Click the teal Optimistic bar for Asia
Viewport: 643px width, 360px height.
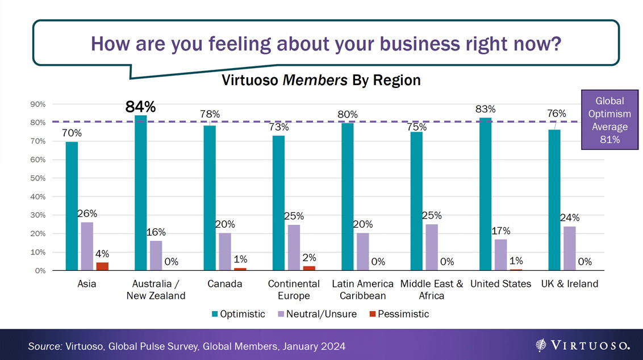tap(72, 206)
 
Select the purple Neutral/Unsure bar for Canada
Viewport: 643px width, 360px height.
tap(225, 252)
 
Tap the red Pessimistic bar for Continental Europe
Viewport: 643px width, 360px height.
tap(309, 268)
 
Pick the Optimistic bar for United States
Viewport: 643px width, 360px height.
tap(485, 194)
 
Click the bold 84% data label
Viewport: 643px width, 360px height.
tap(140, 107)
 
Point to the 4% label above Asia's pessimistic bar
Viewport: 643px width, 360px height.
tap(102, 254)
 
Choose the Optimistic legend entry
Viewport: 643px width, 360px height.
tap(239, 314)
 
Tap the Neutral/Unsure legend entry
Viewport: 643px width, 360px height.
tap(319, 314)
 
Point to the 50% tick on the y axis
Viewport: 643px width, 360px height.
tap(37, 178)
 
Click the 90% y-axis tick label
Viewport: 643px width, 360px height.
tap(37, 104)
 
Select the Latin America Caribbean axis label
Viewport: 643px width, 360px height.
tap(362, 289)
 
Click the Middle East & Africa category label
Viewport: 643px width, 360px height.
tap(432, 289)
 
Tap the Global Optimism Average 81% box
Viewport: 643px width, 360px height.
tap(609, 120)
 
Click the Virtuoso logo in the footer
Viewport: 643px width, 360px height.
tap(582, 345)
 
